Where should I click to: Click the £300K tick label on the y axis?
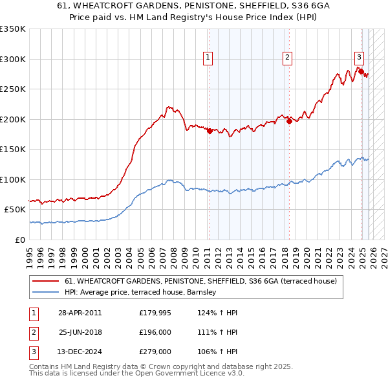point(13,59)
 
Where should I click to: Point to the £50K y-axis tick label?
point(14,210)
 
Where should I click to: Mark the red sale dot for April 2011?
point(210,131)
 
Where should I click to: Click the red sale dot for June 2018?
point(288,122)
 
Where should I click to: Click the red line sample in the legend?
point(46,282)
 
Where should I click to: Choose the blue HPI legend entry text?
point(144,293)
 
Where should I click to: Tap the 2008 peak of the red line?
point(168,107)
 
